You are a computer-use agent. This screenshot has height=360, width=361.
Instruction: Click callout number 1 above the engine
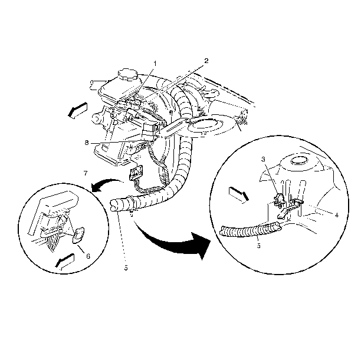coord(155,64)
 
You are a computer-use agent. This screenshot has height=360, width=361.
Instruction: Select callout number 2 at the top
coord(206,61)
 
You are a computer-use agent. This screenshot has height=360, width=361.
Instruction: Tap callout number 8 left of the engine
coord(87,143)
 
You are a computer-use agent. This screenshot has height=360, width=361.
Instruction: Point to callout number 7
coord(86,173)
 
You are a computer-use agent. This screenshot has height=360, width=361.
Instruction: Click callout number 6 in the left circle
coord(88,256)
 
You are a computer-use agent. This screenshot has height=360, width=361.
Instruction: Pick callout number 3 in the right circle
coord(263,159)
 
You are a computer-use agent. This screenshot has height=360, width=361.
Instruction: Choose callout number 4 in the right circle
coord(337,215)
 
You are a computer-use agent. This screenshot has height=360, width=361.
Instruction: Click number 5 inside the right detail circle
coord(259,246)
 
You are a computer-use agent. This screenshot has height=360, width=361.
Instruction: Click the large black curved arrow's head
coord(202,246)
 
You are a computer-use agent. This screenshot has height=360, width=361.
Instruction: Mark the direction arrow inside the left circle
coord(65,262)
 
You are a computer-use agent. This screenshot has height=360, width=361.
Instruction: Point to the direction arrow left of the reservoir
coord(78,110)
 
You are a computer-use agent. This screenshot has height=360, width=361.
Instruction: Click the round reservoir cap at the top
coord(128,74)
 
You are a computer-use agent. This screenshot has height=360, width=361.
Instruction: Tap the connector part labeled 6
coord(78,235)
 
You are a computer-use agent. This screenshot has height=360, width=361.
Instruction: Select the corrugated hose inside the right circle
coord(251,229)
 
